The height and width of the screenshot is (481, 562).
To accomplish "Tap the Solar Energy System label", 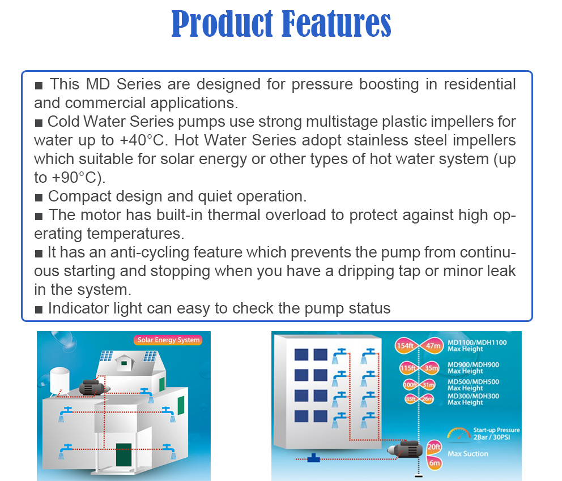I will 168,340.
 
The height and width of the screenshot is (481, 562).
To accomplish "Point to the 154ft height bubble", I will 405,346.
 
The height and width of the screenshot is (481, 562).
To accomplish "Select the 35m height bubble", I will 431,368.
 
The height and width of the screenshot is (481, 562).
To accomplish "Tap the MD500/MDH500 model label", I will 473,382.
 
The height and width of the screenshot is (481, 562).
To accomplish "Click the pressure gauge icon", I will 457,435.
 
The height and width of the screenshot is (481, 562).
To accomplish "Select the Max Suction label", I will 467,454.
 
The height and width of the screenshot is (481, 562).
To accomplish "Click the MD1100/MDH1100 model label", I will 477,342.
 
